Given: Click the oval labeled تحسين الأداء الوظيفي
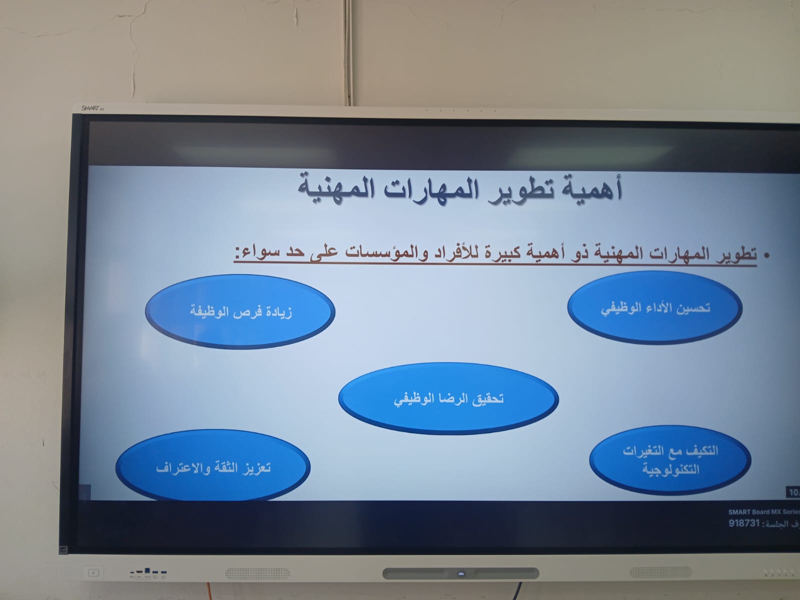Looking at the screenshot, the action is tap(655, 307).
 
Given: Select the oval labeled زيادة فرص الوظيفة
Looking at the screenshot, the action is tap(240, 312).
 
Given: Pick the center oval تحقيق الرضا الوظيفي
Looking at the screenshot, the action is tap(448, 398).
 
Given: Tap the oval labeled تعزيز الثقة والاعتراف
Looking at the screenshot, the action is tap(213, 466).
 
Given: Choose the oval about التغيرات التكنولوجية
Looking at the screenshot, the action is tap(670, 460).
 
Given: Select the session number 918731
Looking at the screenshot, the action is tap(744, 523).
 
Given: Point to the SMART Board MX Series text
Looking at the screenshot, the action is tap(764, 512).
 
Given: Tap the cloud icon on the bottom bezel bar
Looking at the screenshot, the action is tap(461, 574).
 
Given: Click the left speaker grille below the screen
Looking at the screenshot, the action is tap(257, 573).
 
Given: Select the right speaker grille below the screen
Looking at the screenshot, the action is tap(660, 572).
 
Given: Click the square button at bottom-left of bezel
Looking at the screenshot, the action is tap(93, 573).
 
